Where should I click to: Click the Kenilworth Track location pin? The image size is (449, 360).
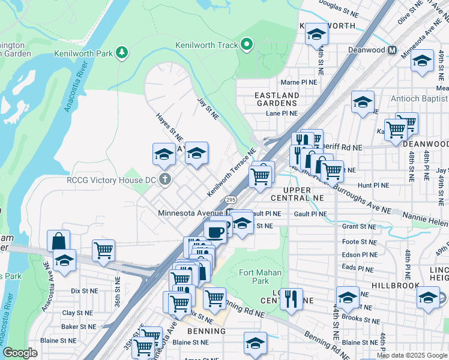[x=246, y=45]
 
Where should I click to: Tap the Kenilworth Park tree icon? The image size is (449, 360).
[x=122, y=53]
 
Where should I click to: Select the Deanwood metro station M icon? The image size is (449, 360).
[x=392, y=50]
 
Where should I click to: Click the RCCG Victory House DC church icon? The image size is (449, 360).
[x=166, y=179]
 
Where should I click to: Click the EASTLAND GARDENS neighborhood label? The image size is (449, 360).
[x=277, y=100]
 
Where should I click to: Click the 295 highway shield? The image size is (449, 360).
[x=231, y=199]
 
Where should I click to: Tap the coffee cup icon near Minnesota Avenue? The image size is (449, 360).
[x=215, y=231]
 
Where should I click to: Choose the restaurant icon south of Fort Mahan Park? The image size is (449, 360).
[x=291, y=298]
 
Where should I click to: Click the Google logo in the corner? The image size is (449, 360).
[x=20, y=353]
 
